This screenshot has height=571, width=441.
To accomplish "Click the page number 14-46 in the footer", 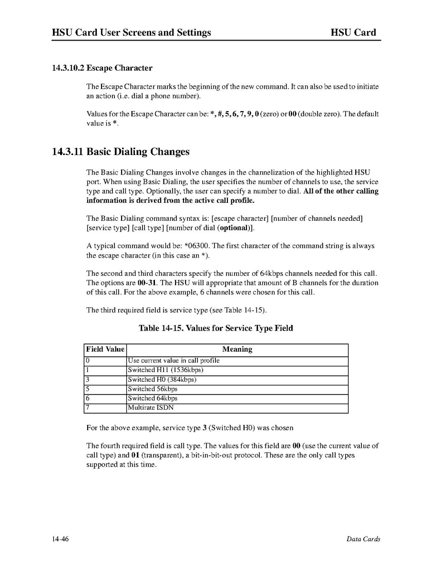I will click(x=61, y=539).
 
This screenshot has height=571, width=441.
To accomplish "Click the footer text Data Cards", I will click(x=363, y=539).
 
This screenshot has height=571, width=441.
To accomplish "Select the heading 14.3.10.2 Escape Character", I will click(x=102, y=68).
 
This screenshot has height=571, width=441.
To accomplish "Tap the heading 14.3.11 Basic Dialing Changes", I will click(x=121, y=152).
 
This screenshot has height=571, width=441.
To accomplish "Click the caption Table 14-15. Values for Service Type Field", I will click(x=215, y=328).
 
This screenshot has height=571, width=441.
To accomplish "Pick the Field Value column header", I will click(x=105, y=349).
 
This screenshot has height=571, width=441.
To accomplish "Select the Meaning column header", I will click(x=237, y=349).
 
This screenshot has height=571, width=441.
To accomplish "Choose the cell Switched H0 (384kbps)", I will click(x=162, y=380).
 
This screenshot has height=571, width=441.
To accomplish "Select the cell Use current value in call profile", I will click(x=174, y=361).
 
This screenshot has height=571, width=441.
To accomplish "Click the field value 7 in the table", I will click(x=88, y=408).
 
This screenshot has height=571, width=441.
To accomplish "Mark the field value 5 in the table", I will click(x=88, y=389).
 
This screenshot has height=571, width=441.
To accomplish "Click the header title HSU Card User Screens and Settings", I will click(x=132, y=32).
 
